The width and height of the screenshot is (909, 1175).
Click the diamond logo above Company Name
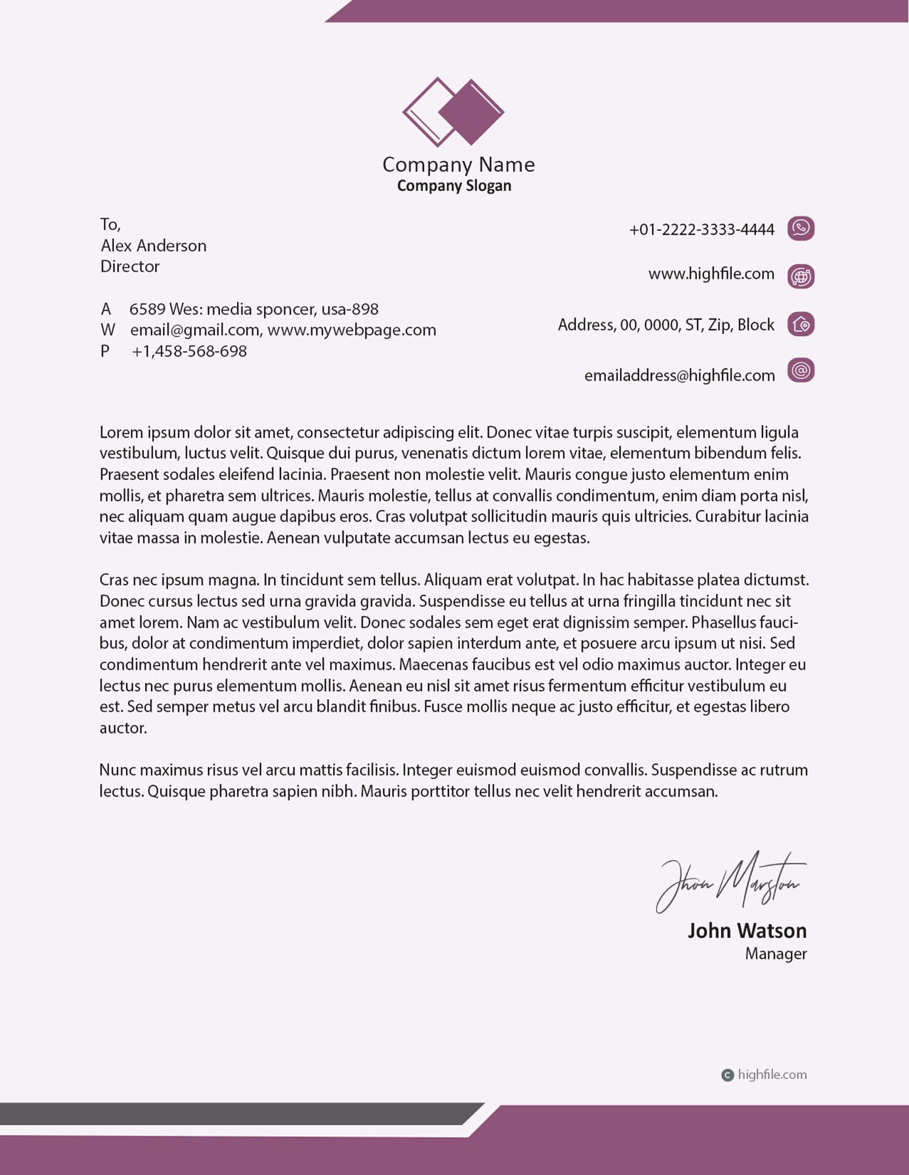(x=453, y=112)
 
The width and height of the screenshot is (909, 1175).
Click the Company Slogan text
(x=454, y=186)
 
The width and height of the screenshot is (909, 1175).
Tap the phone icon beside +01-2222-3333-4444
(x=801, y=229)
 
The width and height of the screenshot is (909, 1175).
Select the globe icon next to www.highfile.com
(x=801, y=276)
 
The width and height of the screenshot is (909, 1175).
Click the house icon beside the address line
(x=801, y=324)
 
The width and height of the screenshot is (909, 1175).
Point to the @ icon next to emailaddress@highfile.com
(x=801, y=370)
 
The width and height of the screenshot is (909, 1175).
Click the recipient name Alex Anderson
(x=153, y=246)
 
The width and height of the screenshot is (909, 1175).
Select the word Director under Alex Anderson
(x=130, y=267)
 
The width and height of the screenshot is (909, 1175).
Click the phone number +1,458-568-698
(x=189, y=352)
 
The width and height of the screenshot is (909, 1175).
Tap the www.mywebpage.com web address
(x=351, y=330)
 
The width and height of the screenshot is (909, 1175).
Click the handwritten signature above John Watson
(x=730, y=882)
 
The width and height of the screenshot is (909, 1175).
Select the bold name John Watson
(x=747, y=931)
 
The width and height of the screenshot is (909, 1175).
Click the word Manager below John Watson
(x=776, y=954)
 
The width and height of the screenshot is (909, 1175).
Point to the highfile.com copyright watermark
(x=765, y=1075)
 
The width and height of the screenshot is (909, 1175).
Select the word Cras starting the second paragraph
(x=114, y=580)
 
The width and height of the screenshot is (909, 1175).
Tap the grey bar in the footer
(x=230, y=1114)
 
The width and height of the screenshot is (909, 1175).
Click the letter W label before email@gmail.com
(x=107, y=330)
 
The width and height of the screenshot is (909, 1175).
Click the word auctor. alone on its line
(x=123, y=728)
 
